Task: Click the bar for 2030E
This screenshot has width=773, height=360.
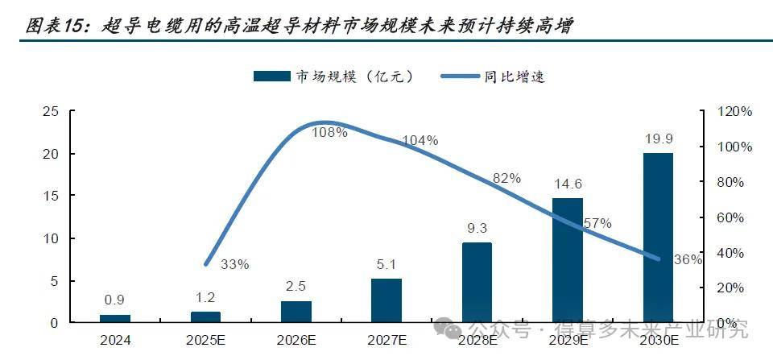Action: [x=657, y=238]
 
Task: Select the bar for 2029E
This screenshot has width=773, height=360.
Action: [x=567, y=260]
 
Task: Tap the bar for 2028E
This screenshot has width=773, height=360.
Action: [x=477, y=282]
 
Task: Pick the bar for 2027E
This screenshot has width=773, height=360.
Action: [x=386, y=300]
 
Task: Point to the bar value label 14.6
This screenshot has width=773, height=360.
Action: [x=568, y=184]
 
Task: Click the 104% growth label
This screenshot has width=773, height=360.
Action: [x=420, y=141]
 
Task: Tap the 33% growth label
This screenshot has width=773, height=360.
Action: [x=234, y=263]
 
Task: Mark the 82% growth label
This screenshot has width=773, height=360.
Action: [x=506, y=179]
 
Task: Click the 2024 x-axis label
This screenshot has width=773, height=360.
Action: [x=115, y=340]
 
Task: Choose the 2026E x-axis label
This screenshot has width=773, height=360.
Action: [x=296, y=340]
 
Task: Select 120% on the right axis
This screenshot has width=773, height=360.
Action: [x=735, y=112]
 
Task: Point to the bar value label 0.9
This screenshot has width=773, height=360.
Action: [x=115, y=300]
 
